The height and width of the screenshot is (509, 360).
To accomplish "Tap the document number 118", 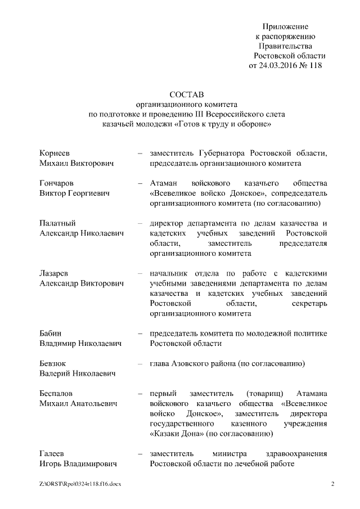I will (x=315, y=65).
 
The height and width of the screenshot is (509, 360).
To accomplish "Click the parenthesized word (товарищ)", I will (x=267, y=394).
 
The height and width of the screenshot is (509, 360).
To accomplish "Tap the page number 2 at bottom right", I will (x=332, y=484).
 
